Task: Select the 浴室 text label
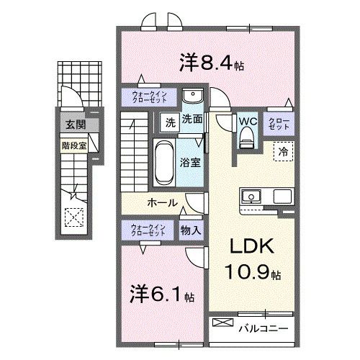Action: click(191, 162)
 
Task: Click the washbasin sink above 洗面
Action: click(192, 98)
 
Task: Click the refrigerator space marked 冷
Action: click(283, 152)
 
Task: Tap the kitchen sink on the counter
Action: click(253, 196)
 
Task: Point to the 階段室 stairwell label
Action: click(69, 143)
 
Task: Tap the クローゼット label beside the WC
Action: click(280, 122)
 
